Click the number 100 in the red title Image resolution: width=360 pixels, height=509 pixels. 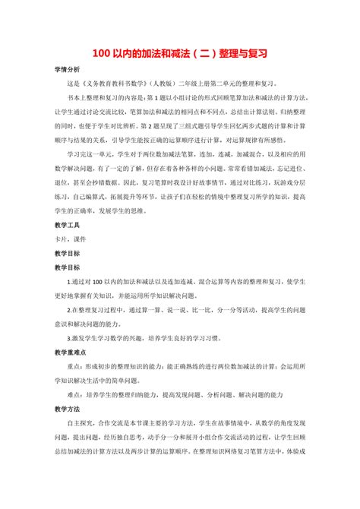[103, 54]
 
